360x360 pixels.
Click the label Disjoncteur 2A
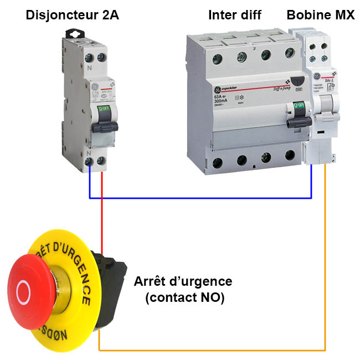point(72,15)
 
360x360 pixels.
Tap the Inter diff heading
point(234,15)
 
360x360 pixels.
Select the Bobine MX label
point(320,15)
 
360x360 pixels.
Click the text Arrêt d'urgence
point(183,281)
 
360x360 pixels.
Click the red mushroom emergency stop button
point(31,289)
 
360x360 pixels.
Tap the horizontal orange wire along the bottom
point(210,350)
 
